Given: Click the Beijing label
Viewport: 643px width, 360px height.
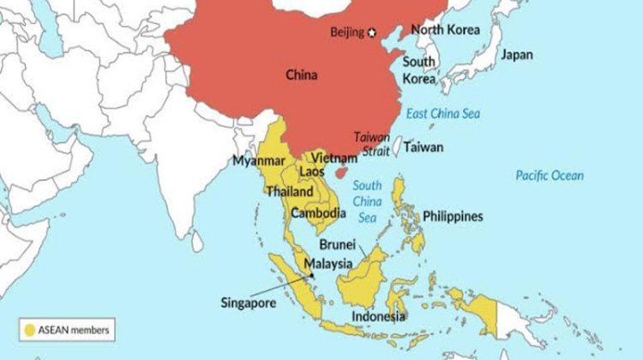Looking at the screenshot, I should coord(347,33).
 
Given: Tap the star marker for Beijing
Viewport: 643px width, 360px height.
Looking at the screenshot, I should coord(372,33).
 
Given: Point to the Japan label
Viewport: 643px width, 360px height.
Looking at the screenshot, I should coord(517,55).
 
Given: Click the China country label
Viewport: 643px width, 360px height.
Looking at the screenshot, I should coord(302,75).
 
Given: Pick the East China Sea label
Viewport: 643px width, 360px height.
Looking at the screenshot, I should coord(443,114).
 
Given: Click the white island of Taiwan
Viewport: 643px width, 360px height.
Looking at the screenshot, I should coord(397,148).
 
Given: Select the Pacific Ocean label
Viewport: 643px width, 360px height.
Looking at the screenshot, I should coord(550,176).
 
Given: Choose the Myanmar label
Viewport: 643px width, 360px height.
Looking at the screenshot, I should coord(259,160).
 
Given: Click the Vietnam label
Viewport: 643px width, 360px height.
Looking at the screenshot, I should coord(334,159).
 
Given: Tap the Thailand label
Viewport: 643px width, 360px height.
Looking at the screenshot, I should coord(290,192).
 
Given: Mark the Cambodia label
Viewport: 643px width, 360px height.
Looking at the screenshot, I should coord(318,213).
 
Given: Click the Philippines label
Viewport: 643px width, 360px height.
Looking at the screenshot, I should coord(452,217).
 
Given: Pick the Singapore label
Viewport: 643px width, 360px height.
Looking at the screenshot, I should coord(249,302).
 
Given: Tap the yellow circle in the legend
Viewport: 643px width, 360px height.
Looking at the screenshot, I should coord(31,328).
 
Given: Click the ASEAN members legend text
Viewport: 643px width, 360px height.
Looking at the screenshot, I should coord(73,328).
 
